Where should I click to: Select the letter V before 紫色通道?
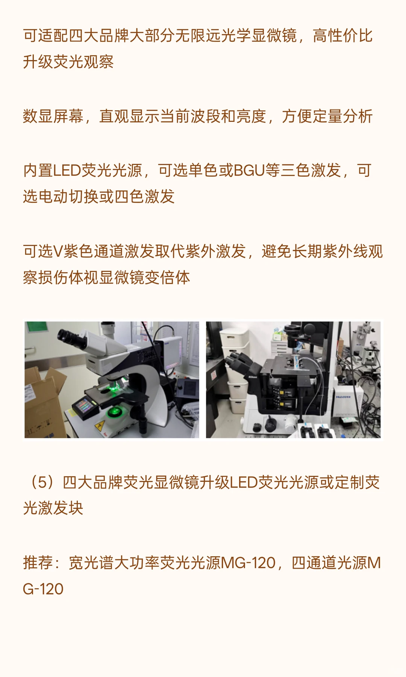pyautogui.click(x=58, y=251)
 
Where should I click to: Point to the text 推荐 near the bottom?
pyautogui.click(x=38, y=563)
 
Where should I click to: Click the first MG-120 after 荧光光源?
pyautogui.click(x=248, y=563)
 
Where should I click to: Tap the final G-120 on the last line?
pyautogui.click(x=43, y=589)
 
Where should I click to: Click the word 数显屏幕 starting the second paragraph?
pyautogui.click(x=53, y=116)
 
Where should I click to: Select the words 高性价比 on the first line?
pyautogui.click(x=342, y=36)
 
